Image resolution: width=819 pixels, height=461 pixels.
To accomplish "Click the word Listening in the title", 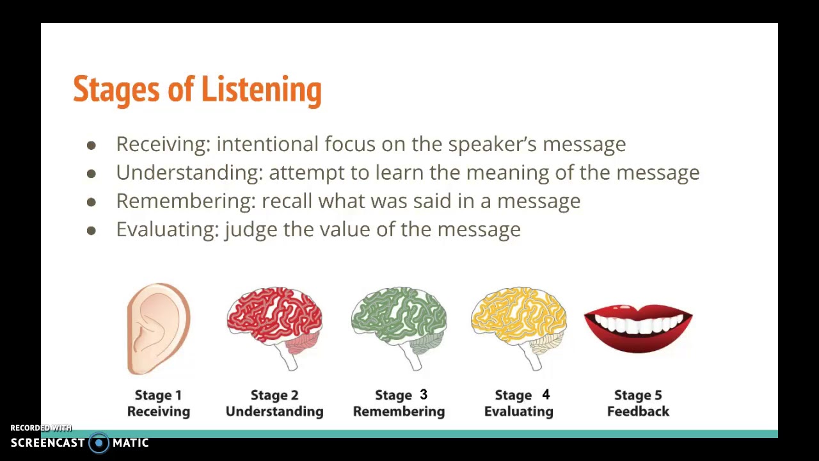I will pyautogui.click(x=261, y=90).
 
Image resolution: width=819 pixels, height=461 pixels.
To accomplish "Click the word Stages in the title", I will pyautogui.click(x=116, y=90).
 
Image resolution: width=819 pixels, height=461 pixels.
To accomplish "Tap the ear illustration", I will pyautogui.click(x=159, y=328).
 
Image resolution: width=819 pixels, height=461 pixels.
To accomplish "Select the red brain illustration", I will pyautogui.click(x=274, y=323).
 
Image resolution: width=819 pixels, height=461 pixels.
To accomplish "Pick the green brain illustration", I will pyautogui.click(x=399, y=323).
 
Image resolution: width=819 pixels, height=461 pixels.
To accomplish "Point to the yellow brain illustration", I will pyautogui.click(x=519, y=323).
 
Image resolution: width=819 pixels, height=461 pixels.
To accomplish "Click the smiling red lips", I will pyautogui.click(x=638, y=328).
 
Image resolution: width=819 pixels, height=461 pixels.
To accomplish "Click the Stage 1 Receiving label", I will pyautogui.click(x=159, y=403).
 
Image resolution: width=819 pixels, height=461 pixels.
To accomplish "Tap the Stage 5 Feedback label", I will pyautogui.click(x=638, y=403).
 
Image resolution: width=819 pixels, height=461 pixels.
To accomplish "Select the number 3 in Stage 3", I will pyautogui.click(x=424, y=395).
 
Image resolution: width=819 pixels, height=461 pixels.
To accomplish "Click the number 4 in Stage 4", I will pyautogui.click(x=546, y=395).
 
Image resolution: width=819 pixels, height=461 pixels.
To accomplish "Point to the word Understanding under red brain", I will pyautogui.click(x=274, y=412).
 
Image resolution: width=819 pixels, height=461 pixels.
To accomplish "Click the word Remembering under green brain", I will pyautogui.click(x=399, y=412).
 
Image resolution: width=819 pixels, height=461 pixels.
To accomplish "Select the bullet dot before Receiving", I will pyautogui.click(x=91, y=146).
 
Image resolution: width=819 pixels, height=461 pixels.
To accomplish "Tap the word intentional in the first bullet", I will pyautogui.click(x=267, y=144).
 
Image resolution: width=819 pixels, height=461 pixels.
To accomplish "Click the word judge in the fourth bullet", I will pyautogui.click(x=251, y=230).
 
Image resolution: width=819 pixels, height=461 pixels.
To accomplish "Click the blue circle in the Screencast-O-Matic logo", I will pyautogui.click(x=99, y=443).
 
